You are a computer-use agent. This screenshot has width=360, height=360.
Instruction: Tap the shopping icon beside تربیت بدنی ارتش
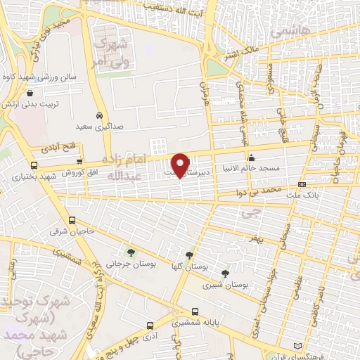30,93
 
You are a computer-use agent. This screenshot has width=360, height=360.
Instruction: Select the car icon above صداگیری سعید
99,115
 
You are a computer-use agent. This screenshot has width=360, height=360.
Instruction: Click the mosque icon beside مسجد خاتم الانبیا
251,157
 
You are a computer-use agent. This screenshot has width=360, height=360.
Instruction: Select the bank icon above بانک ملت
302,184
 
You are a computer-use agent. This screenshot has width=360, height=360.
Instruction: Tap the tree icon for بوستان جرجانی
130,252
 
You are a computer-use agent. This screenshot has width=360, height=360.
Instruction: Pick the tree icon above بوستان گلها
189,255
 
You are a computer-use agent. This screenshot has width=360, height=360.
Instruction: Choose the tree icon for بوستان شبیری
225,274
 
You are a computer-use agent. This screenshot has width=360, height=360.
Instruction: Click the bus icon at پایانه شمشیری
195,312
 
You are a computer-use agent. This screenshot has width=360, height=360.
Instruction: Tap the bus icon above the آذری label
150,326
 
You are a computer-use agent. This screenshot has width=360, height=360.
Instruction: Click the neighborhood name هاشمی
284,33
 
